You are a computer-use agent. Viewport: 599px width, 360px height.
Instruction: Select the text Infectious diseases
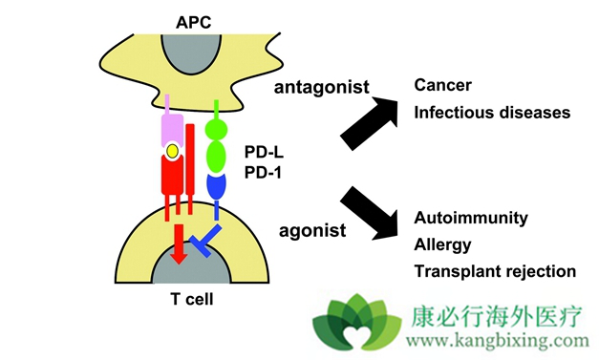[x=492, y=112]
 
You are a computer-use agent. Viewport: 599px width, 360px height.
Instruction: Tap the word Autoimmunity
[x=470, y=218]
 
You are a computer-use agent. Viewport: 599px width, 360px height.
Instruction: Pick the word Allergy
[x=442, y=244]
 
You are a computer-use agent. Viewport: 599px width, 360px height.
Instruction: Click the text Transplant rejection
[x=495, y=270]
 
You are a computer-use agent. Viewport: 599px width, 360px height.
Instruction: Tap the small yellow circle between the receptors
[x=172, y=151]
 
